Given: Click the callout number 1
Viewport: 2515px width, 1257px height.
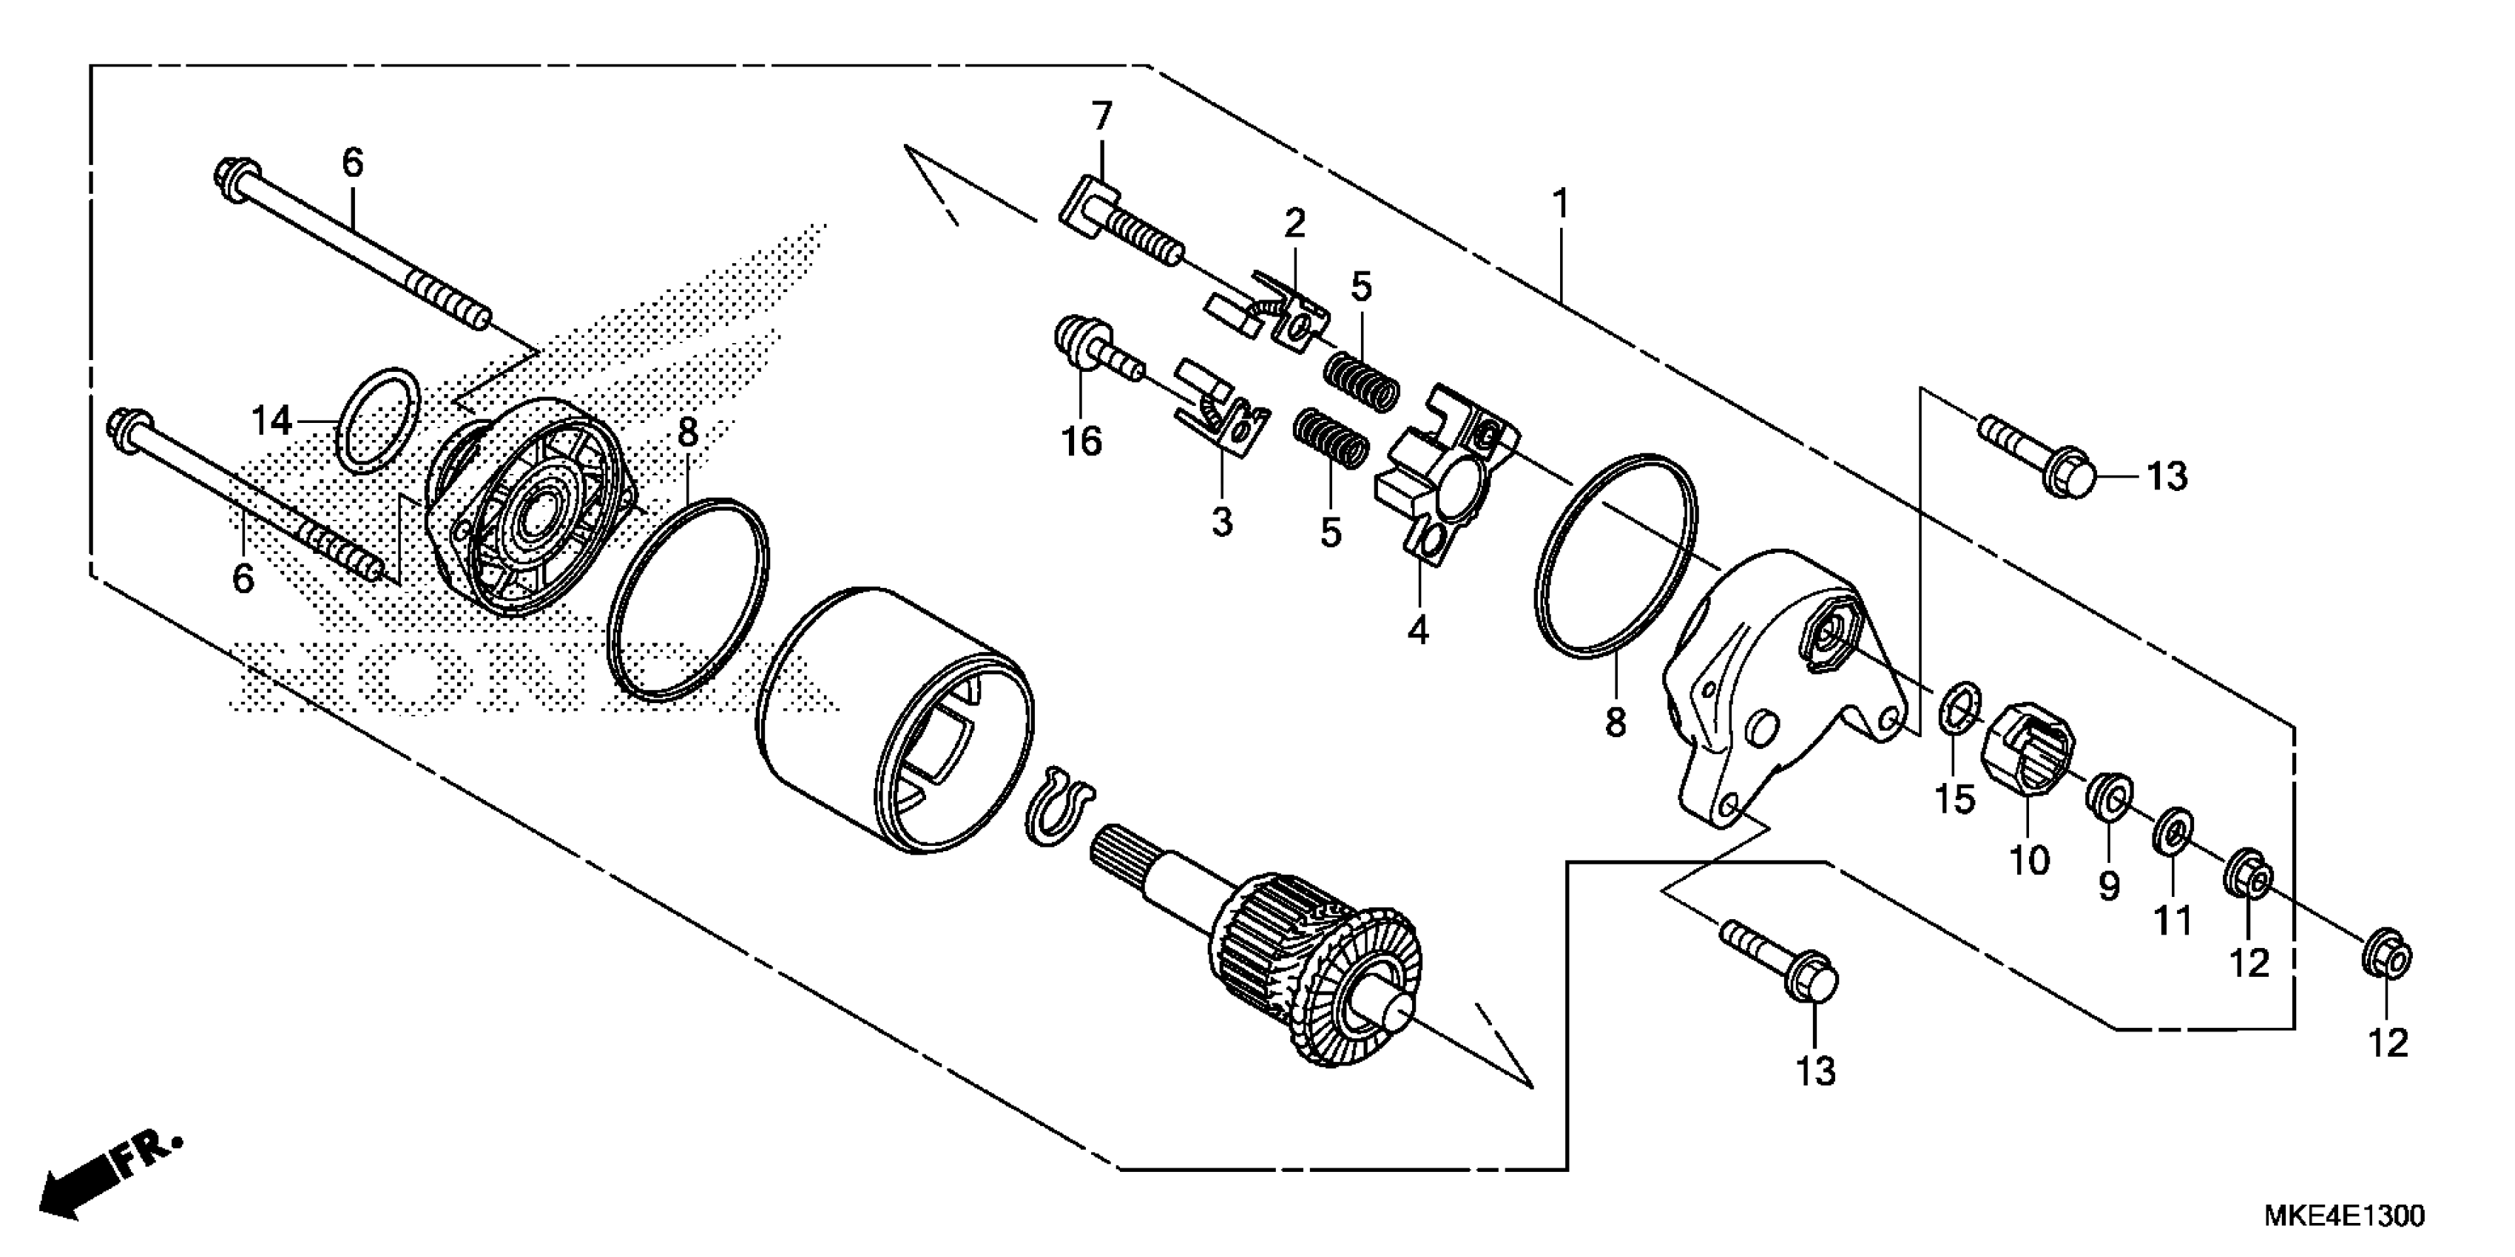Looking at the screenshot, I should [1560, 205].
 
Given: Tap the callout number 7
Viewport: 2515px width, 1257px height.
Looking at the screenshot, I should [1101, 117].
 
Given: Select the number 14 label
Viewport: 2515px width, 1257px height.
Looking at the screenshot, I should [271, 421].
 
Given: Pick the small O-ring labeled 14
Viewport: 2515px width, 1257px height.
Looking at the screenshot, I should [379, 421].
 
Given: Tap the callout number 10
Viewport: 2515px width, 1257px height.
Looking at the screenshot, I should [2029, 861].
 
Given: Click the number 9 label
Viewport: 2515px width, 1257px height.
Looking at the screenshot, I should [2109, 886].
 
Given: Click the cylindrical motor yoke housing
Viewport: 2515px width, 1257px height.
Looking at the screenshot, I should [894, 722].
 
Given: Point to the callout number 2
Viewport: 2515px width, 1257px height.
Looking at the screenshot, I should [1294, 225].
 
